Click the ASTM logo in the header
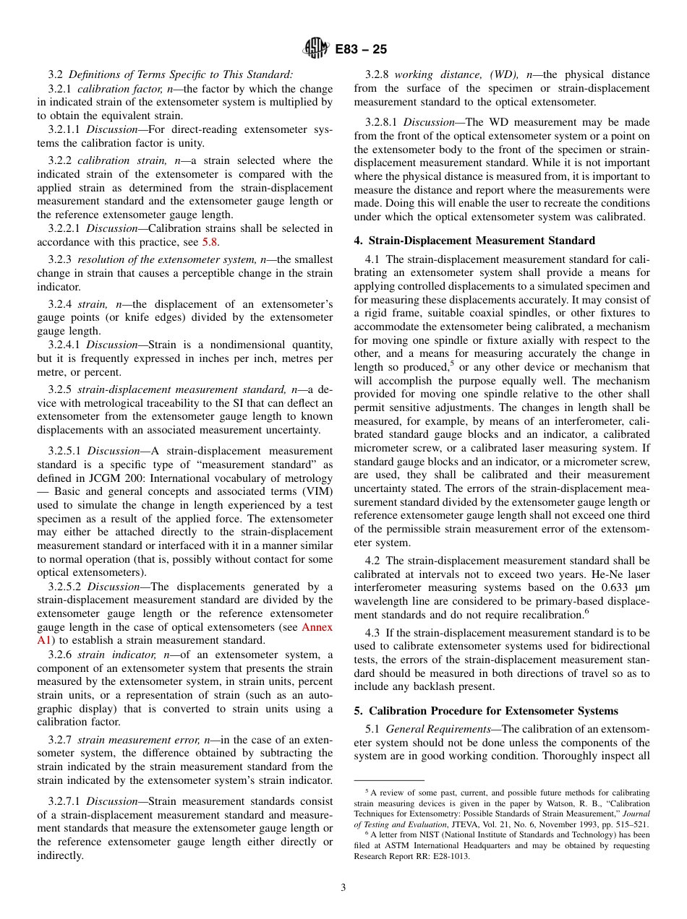coord(315,48)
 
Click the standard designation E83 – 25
coord(361,49)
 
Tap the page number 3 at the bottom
coord(343,888)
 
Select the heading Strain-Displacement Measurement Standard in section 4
coord(482,241)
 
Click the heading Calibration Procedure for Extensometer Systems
coord(493,711)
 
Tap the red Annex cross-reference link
coord(317,627)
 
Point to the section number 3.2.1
coord(61,89)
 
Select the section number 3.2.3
coord(61,259)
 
